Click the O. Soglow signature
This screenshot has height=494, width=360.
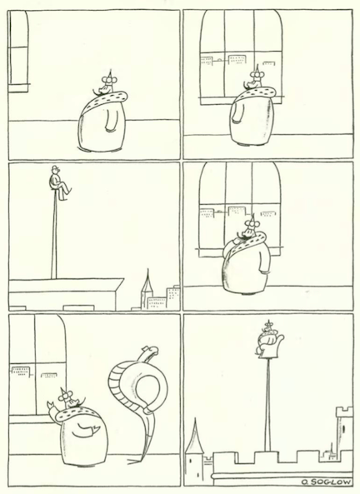pyautogui.click(x=326, y=482)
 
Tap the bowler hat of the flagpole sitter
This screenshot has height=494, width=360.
pyautogui.click(x=56, y=168)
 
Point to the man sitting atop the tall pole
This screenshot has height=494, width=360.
pyautogui.click(x=59, y=182)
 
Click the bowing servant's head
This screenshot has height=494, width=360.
pyautogui.click(x=150, y=350)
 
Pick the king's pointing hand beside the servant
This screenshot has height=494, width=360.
pyautogui.click(x=51, y=405)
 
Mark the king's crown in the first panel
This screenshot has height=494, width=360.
pyautogui.click(x=110, y=73)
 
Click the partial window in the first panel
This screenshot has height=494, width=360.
pyautogui.click(x=18, y=52)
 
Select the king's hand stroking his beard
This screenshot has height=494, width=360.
pyautogui.click(x=235, y=241)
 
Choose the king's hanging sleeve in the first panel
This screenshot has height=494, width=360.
pyautogui.click(x=110, y=119)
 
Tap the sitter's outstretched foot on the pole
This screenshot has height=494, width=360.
pyautogui.click(x=69, y=191)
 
